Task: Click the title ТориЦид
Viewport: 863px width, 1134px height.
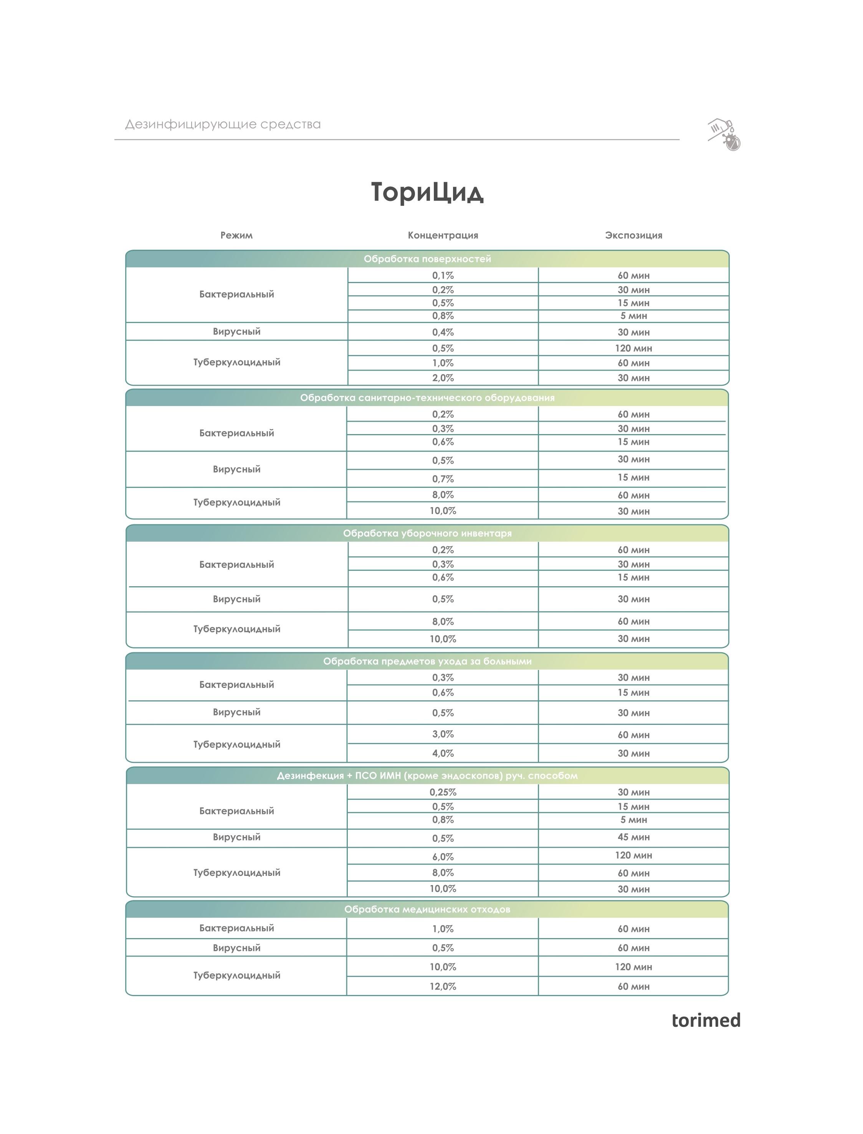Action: (x=427, y=192)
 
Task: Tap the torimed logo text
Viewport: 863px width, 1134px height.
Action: (x=706, y=1020)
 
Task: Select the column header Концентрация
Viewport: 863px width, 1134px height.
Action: (x=443, y=235)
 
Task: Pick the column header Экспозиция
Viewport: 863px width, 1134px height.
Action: (x=633, y=235)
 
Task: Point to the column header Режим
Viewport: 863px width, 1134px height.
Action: (x=236, y=235)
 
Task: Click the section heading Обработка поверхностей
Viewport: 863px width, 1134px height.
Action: (x=427, y=259)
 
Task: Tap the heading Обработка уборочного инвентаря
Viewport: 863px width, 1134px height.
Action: (x=427, y=534)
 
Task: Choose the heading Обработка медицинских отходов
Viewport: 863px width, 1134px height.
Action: (x=427, y=909)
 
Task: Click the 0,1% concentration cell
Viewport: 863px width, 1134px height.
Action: (x=443, y=275)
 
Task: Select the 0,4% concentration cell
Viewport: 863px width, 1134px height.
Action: (x=443, y=332)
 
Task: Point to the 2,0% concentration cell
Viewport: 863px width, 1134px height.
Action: (x=443, y=378)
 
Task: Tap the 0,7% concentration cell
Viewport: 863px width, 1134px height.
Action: (x=443, y=479)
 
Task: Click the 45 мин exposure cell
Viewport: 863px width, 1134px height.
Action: (x=633, y=837)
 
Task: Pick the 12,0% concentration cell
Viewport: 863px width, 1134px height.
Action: (x=443, y=986)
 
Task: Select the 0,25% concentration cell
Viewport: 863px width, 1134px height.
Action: (x=443, y=792)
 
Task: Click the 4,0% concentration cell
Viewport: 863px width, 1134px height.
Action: (x=443, y=753)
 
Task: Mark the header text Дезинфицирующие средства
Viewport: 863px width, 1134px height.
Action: (x=223, y=124)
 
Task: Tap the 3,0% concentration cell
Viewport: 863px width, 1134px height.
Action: (x=443, y=734)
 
